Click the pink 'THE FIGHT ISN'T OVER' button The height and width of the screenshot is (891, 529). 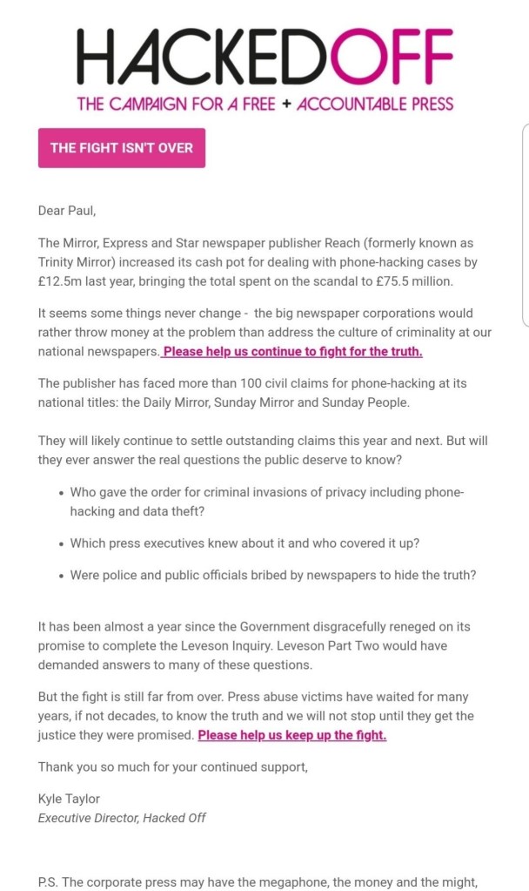click(122, 148)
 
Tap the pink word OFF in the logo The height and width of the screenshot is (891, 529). click(396, 56)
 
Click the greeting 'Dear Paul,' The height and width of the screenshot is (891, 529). click(67, 209)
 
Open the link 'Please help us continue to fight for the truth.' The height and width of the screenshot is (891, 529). click(293, 351)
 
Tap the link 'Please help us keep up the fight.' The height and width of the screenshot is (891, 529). click(292, 734)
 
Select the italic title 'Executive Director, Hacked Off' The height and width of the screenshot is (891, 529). click(121, 817)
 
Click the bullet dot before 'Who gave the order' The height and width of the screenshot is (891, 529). click(60, 493)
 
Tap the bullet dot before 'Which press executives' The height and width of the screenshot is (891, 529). click(60, 543)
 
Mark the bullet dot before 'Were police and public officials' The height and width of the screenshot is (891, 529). click(60, 575)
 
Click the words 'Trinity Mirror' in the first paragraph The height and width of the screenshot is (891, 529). click(77, 261)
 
